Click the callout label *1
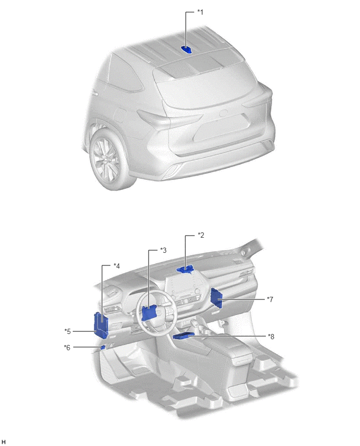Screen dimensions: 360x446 click(200, 12)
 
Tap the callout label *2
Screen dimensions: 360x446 click(201, 235)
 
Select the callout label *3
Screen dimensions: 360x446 click(163, 250)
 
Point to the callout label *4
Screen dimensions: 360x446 click(117, 266)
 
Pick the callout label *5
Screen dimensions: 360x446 click(67, 331)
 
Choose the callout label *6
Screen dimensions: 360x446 click(67, 347)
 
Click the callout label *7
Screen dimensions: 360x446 click(270, 299)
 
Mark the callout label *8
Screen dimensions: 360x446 click(271, 337)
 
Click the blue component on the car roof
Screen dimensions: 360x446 click(187, 50)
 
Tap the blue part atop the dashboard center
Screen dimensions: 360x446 click(185, 269)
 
